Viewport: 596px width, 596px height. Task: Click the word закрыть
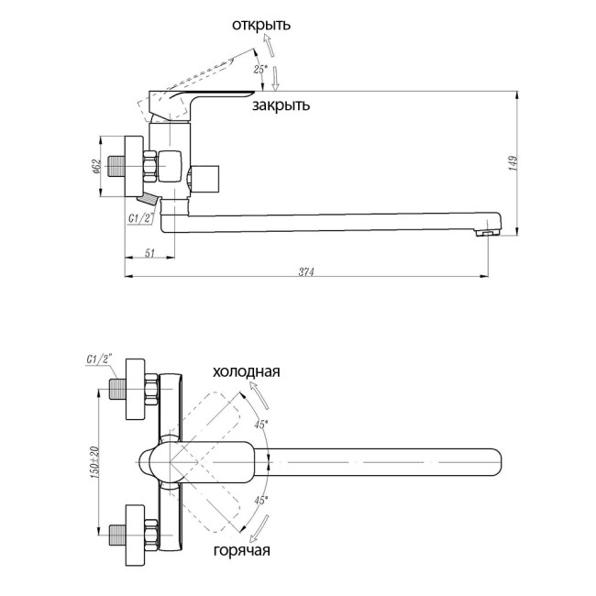pyautogui.click(x=281, y=105)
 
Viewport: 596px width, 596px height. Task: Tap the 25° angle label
pyautogui.click(x=259, y=69)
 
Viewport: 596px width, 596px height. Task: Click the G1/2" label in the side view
pyautogui.click(x=139, y=218)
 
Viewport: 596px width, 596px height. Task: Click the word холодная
pyautogui.click(x=246, y=372)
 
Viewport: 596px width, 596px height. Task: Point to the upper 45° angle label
pyautogui.click(x=261, y=424)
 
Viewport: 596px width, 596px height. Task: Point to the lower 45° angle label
pyautogui.click(x=260, y=501)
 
